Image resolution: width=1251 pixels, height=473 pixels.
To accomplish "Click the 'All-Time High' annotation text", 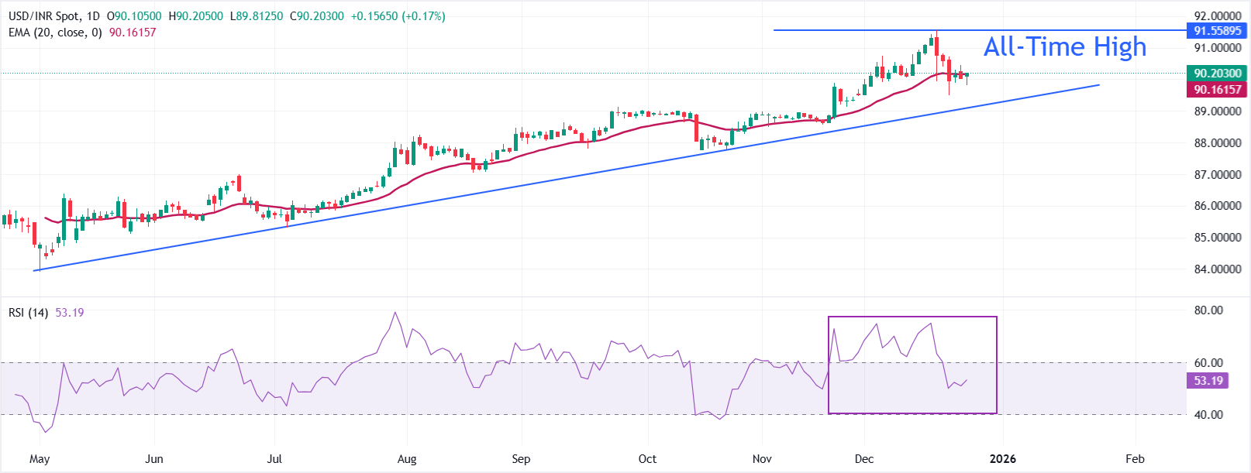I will pos(1064,47).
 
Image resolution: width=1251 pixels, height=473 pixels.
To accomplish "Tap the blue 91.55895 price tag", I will pos(1217,31).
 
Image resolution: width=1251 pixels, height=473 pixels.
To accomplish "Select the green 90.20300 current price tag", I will pos(1217,74).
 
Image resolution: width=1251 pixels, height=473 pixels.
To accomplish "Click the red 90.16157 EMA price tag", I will pos(1217,90).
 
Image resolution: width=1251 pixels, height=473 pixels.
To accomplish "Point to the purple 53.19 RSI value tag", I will pos(1208,381).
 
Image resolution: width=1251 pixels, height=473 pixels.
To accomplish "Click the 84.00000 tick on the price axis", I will pos(1217,269).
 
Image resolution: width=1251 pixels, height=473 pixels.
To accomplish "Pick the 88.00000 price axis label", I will pos(1217,143).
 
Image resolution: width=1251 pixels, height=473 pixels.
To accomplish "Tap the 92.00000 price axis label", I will pos(1217,16).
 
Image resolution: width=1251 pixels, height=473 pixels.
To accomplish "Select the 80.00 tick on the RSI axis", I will pos(1208,310).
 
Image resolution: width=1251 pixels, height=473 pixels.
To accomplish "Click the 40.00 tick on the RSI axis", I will pos(1208,415).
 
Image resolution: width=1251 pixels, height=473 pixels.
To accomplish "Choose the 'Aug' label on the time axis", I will pos(407,459).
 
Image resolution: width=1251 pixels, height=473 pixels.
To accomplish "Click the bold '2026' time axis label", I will pos(1003,459).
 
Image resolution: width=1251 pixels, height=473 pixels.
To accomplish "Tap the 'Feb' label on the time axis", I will pos(1135,459).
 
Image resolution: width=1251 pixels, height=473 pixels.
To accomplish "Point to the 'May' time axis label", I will pos(40,459).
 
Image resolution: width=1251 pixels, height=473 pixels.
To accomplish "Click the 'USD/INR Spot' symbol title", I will pos(43,16).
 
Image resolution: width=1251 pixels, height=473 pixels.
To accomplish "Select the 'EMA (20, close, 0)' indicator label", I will pos(55,33).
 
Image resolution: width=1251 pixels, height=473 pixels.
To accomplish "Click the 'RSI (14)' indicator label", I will pos(28,313).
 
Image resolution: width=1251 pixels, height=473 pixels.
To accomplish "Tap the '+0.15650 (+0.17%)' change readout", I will pos(398,16).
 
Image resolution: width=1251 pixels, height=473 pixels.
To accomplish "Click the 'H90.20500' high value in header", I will pos(195,16).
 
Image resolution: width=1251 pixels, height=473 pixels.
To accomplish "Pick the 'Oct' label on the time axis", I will pos(647,459).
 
